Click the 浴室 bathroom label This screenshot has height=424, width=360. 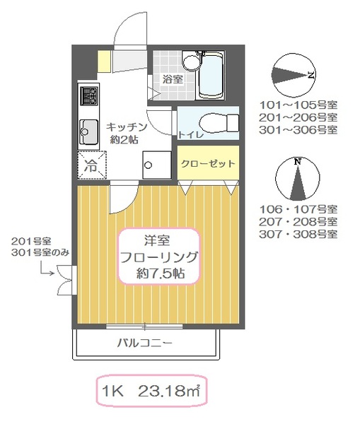click(x=173, y=79)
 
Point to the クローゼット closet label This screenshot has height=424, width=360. click(x=207, y=163)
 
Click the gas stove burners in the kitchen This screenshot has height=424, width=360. click(x=90, y=98)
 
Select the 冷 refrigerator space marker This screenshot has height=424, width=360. click(x=91, y=167)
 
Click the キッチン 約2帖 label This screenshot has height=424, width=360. click(x=127, y=132)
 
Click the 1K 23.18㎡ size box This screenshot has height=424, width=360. click(x=151, y=389)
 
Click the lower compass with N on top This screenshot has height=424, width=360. click(x=298, y=180)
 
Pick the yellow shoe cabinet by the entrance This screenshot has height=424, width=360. click(x=104, y=60)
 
